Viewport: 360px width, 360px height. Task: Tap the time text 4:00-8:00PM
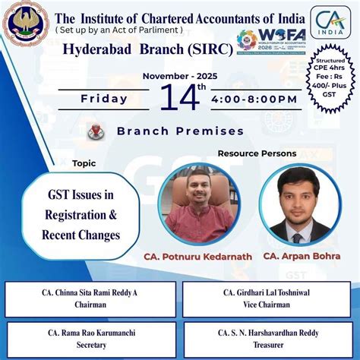(254, 99)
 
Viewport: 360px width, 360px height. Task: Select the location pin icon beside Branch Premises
(96, 131)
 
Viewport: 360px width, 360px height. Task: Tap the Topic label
(84, 163)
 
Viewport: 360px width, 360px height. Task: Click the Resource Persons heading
(257, 153)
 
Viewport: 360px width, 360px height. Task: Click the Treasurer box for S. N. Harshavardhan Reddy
(267, 338)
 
